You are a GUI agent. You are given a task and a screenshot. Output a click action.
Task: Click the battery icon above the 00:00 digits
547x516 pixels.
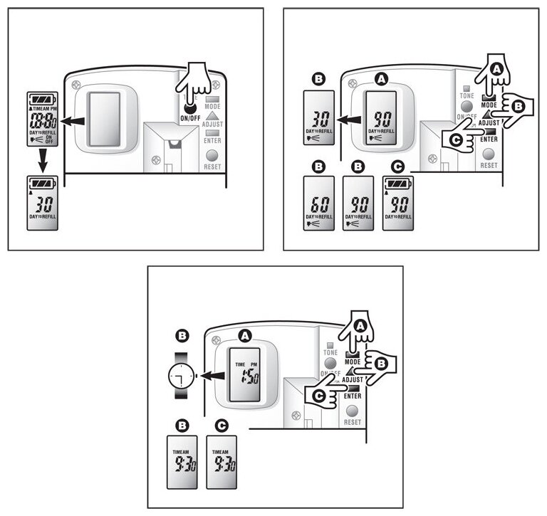(41, 100)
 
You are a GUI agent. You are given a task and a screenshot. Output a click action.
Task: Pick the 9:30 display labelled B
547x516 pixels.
(182, 460)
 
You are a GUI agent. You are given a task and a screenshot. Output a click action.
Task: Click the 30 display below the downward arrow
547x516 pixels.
(41, 201)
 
